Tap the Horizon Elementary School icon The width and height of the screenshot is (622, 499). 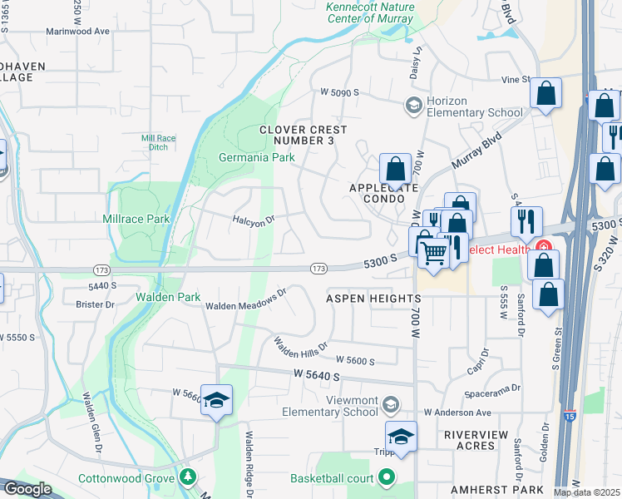coord(412,106)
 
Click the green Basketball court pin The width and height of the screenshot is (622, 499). coord(386,477)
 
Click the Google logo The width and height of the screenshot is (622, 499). coord(27,489)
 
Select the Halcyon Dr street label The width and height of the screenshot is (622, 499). coord(254,220)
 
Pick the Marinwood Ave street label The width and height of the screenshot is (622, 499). coord(78,31)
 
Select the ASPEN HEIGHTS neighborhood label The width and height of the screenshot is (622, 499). coord(373,298)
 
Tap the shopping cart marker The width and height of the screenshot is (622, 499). coord(433,252)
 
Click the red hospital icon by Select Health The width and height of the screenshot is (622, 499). coord(543,247)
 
